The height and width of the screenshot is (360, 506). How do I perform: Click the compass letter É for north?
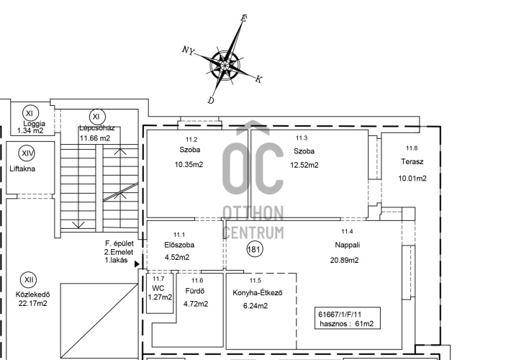(x=243, y=19)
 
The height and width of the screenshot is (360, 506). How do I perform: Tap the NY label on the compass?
(x=189, y=50)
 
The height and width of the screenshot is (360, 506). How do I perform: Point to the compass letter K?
(x=258, y=79)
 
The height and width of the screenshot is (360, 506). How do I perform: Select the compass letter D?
(x=211, y=100)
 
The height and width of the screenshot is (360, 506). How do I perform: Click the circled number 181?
(x=255, y=249)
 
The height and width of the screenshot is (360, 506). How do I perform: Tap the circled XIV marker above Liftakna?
(x=27, y=153)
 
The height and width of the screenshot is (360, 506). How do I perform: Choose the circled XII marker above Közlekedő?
(x=28, y=280)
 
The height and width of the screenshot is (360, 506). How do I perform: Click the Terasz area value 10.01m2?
(x=412, y=179)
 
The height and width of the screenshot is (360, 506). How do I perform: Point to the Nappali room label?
(x=347, y=245)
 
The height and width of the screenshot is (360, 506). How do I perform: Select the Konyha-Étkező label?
(x=258, y=293)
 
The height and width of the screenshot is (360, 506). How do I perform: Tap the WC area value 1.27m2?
(x=160, y=297)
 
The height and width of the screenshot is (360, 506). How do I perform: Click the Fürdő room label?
(x=195, y=291)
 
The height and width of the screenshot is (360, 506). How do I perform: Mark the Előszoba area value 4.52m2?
(x=177, y=257)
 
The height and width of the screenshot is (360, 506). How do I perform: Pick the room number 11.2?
(x=191, y=140)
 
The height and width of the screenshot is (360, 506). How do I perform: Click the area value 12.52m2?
(x=304, y=165)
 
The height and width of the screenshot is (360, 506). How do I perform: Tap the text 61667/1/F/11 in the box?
(x=340, y=314)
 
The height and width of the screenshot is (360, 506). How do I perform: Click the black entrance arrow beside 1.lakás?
(x=137, y=264)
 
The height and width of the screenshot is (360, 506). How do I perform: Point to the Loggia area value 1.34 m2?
(x=30, y=130)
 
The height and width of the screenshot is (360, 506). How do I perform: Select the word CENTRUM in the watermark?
(x=253, y=233)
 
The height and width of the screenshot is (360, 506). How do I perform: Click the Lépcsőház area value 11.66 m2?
(x=95, y=138)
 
